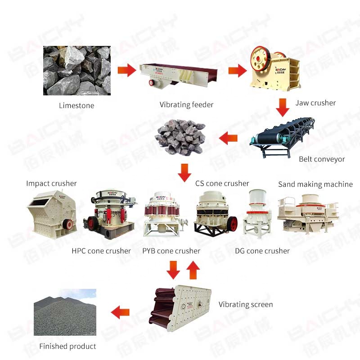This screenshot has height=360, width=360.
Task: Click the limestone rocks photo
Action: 76,71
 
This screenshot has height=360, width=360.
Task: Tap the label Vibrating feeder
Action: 186,105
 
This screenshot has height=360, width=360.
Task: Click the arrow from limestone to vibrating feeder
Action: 126,70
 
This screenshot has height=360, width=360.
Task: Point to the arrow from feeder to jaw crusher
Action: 237,70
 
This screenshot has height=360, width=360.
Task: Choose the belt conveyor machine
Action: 284,137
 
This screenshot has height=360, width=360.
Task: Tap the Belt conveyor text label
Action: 322,159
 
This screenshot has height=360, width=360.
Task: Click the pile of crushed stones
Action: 180,135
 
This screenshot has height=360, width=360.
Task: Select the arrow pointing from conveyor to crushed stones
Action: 229,138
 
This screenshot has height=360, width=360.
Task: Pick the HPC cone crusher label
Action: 101,251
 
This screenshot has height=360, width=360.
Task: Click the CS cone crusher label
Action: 222,183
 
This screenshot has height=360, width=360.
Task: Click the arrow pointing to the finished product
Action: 120,311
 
